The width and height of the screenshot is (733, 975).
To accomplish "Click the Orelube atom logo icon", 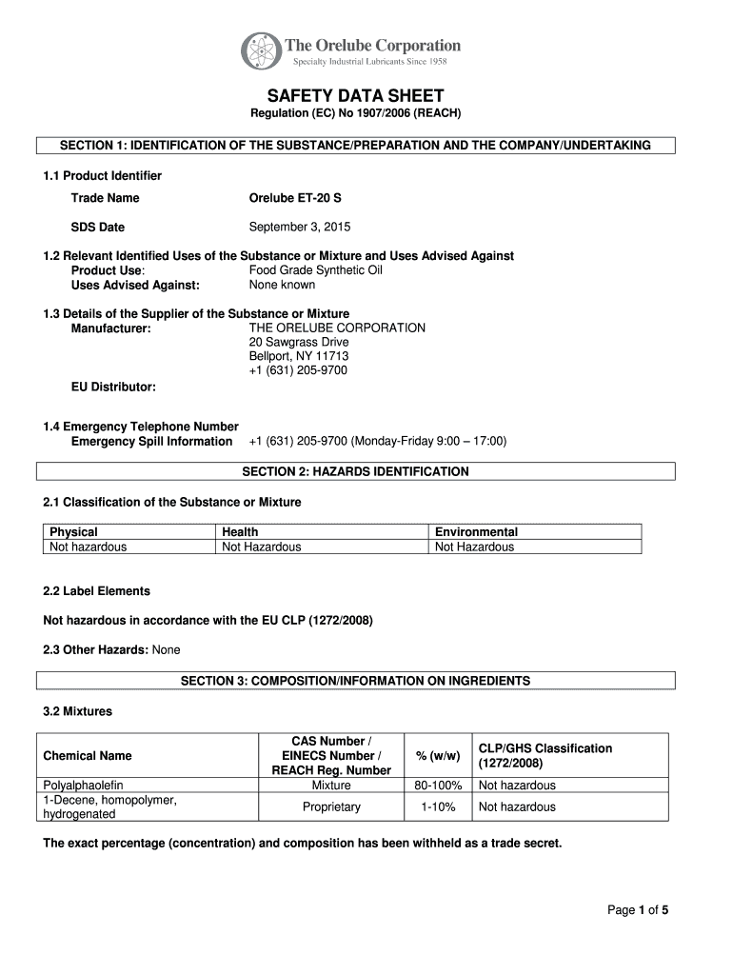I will point(261,51).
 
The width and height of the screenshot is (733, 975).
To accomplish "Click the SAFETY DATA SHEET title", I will point(355,96).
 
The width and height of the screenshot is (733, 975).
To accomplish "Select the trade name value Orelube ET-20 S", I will point(295,198).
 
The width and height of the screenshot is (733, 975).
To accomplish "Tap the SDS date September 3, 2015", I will point(300,227).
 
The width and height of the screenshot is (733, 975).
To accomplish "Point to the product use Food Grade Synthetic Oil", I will point(315,270).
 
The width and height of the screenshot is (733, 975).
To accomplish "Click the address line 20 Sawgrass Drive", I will point(299,342).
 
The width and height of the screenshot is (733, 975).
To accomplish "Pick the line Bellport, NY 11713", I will point(291,356).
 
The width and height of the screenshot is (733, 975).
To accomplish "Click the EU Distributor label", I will point(113,387).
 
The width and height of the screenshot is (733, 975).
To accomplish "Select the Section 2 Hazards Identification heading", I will point(355,471).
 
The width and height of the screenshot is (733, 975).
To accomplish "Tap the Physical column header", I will point(73,532).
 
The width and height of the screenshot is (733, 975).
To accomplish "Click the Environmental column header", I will point(476,532).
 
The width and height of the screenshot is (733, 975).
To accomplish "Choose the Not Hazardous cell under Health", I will point(261,547).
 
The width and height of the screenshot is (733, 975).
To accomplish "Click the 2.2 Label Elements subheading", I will point(97,591).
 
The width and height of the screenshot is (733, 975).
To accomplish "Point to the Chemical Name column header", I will point(88,756).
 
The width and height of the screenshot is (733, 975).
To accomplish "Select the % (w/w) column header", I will point(438,756).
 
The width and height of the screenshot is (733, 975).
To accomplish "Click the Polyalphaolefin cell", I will point(84,786).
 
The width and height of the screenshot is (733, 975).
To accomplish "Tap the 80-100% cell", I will point(438,786).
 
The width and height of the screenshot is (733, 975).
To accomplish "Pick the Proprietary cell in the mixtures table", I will point(331,806).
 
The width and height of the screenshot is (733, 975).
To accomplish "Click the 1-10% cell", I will point(438,806).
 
